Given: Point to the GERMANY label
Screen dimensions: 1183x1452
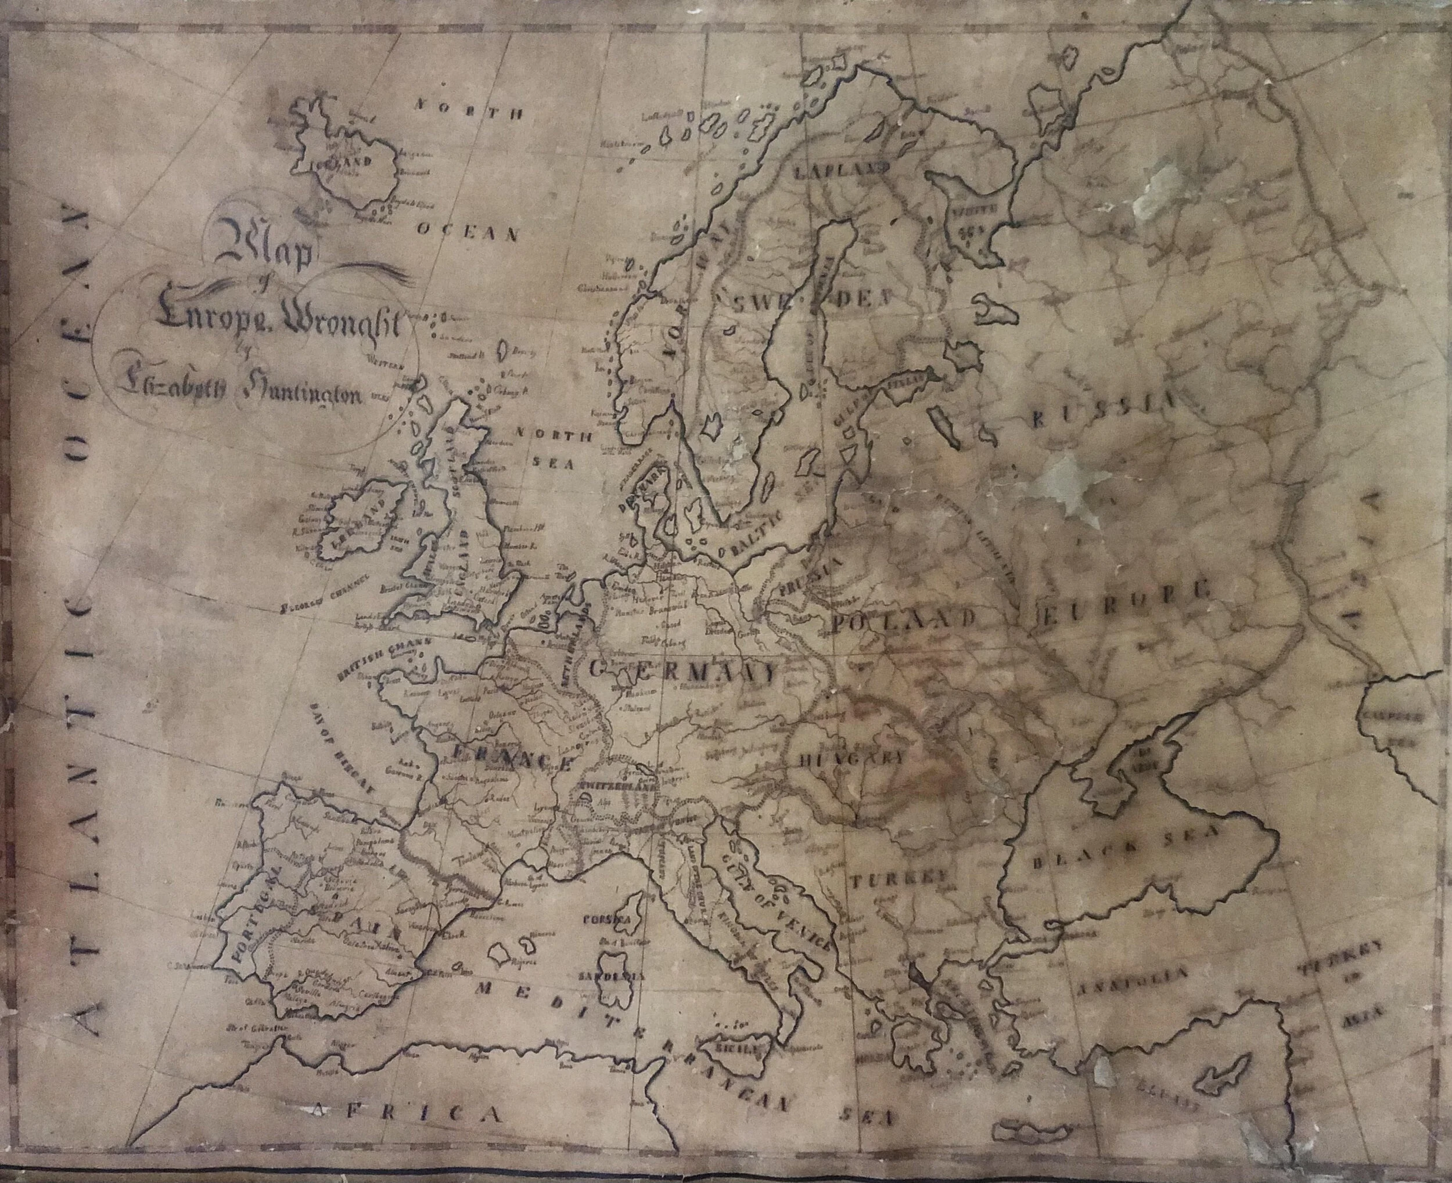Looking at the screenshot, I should point(682,671).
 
